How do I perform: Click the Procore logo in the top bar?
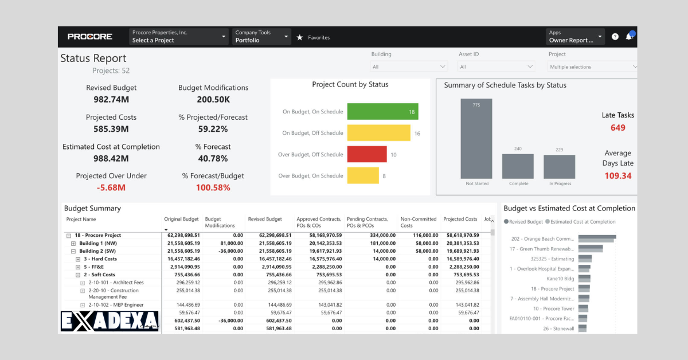tap(90, 37)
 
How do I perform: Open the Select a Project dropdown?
tap(179, 37)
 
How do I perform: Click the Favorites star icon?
tap(299, 37)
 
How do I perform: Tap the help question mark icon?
tap(615, 37)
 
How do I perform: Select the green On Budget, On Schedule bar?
tap(382, 112)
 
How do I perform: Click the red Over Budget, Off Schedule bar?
tap(367, 155)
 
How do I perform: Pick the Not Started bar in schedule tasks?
tap(476, 139)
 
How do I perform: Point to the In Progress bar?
tap(559, 167)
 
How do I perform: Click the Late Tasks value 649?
tap(617, 128)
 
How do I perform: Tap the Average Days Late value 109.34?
tap(617, 176)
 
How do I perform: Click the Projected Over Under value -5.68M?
tap(111, 187)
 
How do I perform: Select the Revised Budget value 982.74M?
tap(111, 99)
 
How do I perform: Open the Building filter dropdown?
tap(409, 67)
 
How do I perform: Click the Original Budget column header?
tap(181, 220)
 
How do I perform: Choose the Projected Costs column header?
tap(460, 220)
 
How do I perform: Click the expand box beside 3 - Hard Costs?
tap(78, 259)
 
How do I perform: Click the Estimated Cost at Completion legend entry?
tap(583, 222)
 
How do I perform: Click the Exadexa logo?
tap(109, 322)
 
